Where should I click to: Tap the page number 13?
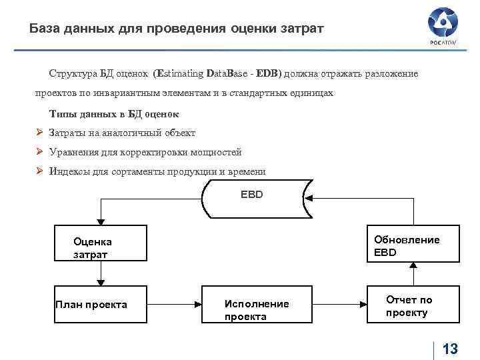[450, 349]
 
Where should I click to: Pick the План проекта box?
[100, 305]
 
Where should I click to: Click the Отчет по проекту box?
[413, 305]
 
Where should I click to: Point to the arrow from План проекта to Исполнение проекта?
[174, 305]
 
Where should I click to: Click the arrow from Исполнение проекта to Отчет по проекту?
[339, 305]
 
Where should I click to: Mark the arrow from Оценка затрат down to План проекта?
[100, 273]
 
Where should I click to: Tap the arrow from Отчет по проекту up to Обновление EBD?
[413, 274]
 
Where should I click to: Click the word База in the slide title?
[44, 29]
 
